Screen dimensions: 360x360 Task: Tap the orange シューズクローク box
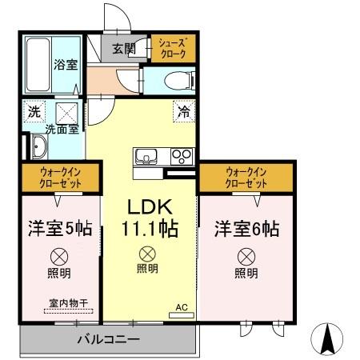tap(172, 48)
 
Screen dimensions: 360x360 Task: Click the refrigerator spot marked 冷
tap(183, 113)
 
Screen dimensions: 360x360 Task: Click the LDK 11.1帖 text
tap(149, 217)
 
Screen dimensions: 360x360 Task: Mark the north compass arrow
tap(327, 339)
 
